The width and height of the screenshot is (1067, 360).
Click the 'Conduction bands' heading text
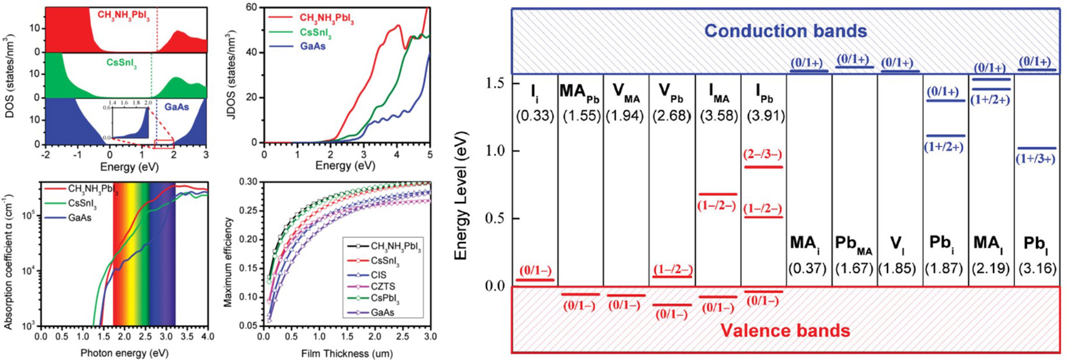785,30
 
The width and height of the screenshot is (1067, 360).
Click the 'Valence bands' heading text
785,331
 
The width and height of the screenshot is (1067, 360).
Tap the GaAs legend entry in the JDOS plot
314,46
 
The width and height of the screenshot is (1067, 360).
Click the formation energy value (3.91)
764,116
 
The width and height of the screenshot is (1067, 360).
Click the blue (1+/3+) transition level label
1035,159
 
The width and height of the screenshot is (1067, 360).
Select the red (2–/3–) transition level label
763,155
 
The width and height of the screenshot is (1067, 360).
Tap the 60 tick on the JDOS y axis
252,7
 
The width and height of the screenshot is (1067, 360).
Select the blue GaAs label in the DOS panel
177,106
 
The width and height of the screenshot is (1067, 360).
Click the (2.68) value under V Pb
672,116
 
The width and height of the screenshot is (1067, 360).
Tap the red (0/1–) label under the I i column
535,271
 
